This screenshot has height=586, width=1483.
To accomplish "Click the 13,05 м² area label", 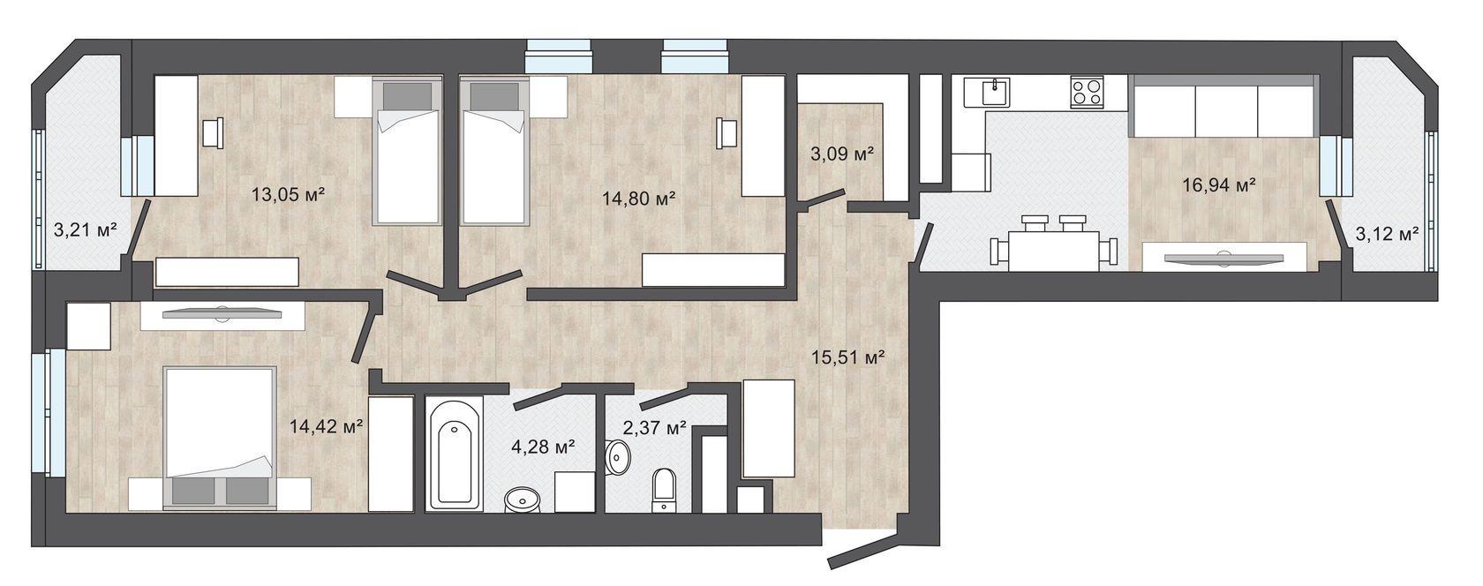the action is [288, 195].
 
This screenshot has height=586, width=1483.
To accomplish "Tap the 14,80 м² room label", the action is [638, 198].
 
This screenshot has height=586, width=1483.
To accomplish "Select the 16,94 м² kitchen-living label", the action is [1220, 184].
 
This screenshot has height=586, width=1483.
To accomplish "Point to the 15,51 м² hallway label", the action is [849, 357].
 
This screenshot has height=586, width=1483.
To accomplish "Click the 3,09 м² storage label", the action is [842, 154].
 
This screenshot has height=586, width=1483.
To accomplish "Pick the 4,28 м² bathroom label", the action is [543, 447].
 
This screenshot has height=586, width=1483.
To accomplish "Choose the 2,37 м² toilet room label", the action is [654, 428].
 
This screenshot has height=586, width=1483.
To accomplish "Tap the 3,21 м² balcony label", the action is [86, 229].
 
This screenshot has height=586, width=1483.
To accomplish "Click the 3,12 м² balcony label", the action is [1387, 234].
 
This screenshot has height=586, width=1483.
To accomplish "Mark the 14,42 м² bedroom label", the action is [326, 425].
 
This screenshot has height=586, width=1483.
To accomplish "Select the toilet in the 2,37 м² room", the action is [664, 490].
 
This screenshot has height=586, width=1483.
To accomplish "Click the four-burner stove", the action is [1088, 93].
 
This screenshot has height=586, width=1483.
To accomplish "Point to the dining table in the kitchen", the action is [1054, 251].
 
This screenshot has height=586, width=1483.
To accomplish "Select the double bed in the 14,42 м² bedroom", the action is [220, 439].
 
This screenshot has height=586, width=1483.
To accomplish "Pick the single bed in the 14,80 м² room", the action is [494, 151].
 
